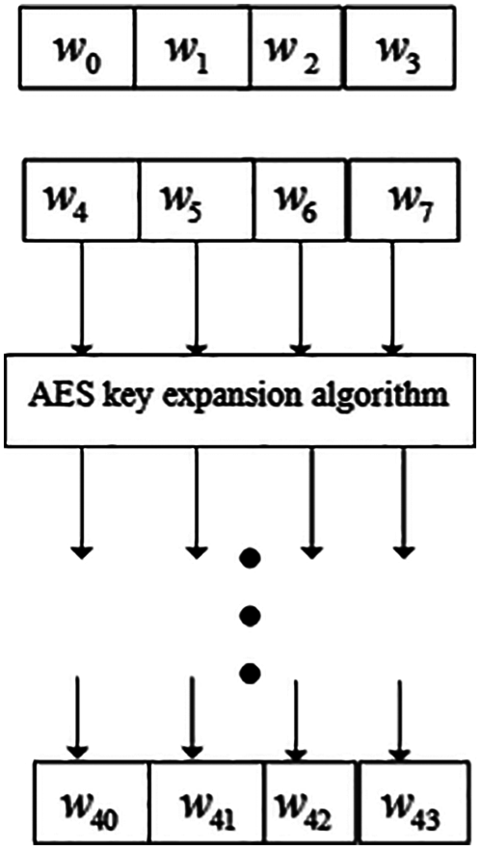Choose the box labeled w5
[197, 200]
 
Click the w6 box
[300, 200]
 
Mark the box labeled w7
[402, 200]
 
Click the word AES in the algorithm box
[57, 396]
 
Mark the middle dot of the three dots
[250, 615]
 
